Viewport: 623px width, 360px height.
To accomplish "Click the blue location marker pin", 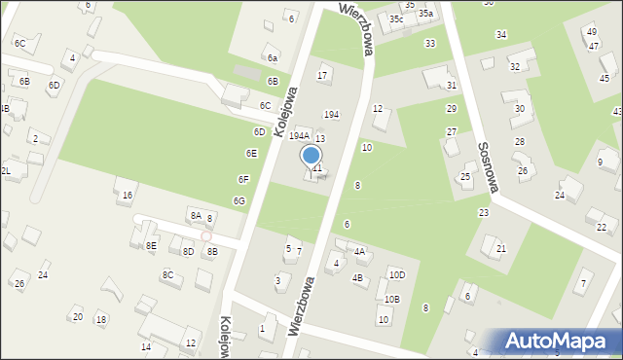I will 311,156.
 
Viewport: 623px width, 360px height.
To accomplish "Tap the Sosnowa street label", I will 487,165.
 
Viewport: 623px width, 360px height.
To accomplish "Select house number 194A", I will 299,136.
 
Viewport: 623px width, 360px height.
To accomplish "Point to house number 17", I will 322,76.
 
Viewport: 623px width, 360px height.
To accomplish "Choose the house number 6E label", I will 251,154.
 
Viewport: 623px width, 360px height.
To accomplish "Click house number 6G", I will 238,200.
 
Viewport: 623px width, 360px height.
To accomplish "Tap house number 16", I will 128,196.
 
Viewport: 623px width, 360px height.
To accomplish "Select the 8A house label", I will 196,216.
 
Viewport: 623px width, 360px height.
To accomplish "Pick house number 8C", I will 167,275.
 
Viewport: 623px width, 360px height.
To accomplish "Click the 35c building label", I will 396,19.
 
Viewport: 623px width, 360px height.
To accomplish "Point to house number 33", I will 429,44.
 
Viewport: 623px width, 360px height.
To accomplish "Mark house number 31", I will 451,86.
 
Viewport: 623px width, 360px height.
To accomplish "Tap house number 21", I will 501,249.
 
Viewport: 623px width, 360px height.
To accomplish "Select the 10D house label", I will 397,275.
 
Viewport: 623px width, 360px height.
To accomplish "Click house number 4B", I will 357,279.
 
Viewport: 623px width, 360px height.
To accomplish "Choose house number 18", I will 100,320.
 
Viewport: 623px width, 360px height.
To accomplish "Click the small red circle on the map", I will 206,235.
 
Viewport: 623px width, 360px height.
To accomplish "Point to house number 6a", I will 273,58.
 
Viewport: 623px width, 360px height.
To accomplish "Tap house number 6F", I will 243,179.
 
